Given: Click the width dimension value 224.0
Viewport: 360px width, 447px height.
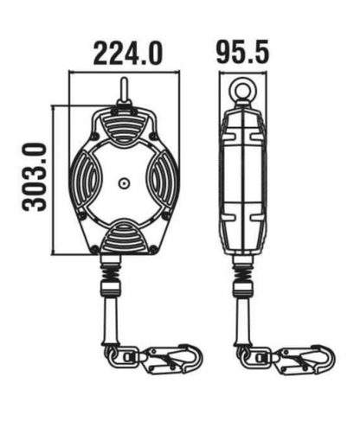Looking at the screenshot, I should point(127,54).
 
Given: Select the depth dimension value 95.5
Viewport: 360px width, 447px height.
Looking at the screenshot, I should point(242,54).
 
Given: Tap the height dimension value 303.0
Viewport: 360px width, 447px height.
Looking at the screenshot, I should point(35,178).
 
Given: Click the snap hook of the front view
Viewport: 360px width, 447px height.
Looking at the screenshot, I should point(170,356).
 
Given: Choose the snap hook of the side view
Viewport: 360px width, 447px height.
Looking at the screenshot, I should point(298,356).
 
